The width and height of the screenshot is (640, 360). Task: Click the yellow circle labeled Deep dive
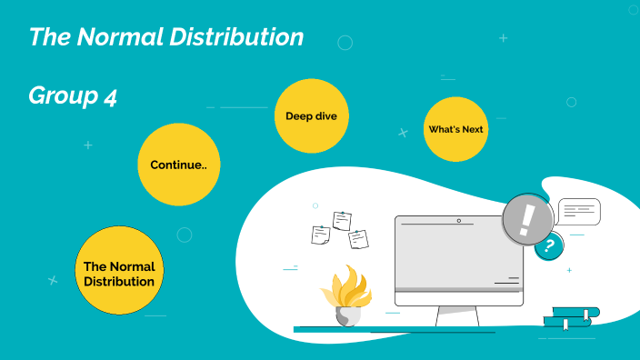coord(312,115)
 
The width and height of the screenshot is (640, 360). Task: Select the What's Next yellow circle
coord(455,129)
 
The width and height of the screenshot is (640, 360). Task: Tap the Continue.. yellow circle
coord(178,165)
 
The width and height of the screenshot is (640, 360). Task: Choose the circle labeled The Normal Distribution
coord(119,271)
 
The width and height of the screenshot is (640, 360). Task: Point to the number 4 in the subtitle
coord(110,96)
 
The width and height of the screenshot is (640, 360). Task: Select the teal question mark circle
coord(548,245)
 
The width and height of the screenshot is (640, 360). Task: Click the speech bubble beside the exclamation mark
coord(578,212)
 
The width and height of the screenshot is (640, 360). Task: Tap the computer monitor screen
coord(458,255)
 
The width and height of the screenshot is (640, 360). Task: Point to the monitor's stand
coord(458,316)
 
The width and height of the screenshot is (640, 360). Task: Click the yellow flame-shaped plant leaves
coord(345,285)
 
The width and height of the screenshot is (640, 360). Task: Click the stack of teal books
coord(571,316)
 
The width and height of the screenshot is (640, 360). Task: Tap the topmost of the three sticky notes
coord(342,219)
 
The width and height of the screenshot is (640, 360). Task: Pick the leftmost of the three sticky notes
coord(320,235)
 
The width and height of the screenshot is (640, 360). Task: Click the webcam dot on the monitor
coord(458,220)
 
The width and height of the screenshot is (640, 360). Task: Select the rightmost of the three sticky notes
coord(358,238)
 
